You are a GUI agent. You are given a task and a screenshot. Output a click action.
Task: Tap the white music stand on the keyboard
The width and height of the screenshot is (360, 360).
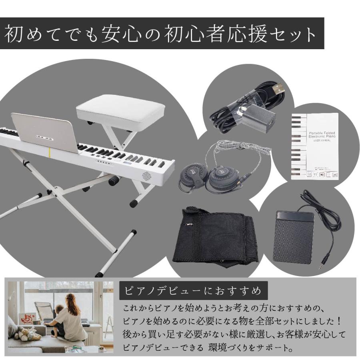click(x=44, y=132)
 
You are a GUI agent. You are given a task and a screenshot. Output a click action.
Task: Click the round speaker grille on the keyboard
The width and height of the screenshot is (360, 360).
click(x=147, y=176)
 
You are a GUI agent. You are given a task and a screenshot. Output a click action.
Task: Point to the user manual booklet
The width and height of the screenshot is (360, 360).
click(x=314, y=146)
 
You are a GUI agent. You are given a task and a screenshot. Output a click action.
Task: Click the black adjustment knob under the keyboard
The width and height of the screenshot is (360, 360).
click(x=114, y=180)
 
